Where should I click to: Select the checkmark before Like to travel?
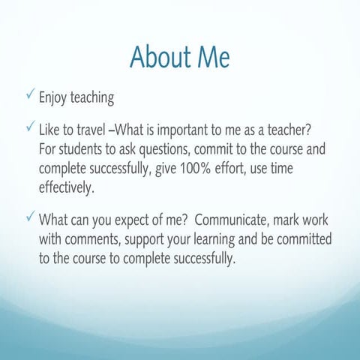[x=28, y=129]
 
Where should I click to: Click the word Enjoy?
[x=55, y=97]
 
